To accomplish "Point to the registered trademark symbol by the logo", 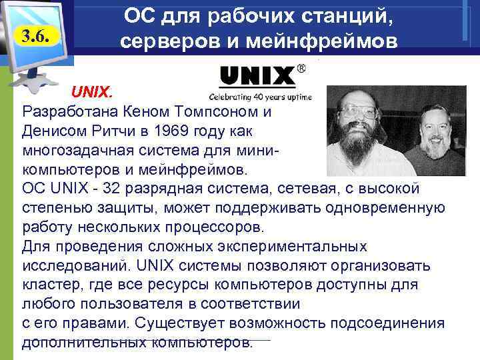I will click(302, 68).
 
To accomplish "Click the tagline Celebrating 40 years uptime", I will click(260, 95).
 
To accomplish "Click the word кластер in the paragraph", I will click(47, 285).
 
